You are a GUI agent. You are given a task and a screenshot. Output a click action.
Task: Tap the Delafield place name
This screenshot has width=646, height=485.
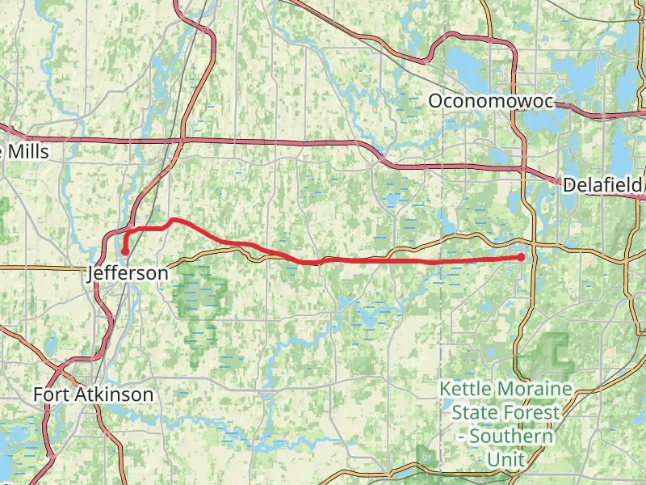602,184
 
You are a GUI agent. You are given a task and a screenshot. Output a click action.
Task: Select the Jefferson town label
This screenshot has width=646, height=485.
128,273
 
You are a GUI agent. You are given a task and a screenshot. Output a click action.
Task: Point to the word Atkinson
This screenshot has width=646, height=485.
116,394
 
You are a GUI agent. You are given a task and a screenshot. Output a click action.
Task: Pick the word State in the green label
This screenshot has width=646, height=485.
473,412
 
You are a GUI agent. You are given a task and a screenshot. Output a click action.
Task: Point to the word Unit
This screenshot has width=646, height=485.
505,459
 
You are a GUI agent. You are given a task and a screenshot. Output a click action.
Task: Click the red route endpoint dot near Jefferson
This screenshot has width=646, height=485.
125,252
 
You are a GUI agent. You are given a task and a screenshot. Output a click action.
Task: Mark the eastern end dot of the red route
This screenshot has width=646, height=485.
522,257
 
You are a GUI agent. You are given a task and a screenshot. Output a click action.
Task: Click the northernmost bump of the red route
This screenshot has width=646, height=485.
174,220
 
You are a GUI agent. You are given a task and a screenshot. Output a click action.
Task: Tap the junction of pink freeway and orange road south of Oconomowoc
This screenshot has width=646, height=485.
522,169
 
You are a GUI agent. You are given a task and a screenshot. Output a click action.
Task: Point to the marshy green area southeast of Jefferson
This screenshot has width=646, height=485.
198,303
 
